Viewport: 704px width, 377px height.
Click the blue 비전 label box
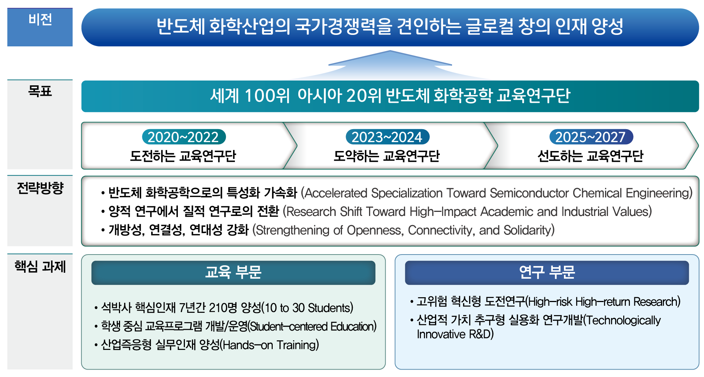pyautogui.click(x=40, y=27)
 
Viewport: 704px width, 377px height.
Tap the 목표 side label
pyautogui.click(x=40, y=91)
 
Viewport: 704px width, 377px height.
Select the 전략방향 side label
pyautogui.click(x=40, y=188)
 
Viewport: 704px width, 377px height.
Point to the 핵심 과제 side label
pyautogui.click(x=40, y=266)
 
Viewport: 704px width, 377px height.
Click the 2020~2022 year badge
pyautogui.click(x=184, y=137)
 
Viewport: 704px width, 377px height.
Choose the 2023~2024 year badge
pyautogui.click(x=387, y=137)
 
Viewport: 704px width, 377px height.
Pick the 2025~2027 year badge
pyautogui.click(x=591, y=137)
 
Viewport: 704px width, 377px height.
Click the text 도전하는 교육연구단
pyautogui.click(x=183, y=156)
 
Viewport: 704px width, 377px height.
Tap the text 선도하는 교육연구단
pyautogui.click(x=591, y=156)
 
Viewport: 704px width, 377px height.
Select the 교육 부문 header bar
pyautogui.click(x=233, y=273)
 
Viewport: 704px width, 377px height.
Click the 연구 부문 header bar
pyautogui.click(x=547, y=273)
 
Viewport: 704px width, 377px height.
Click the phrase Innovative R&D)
pyautogui.click(x=455, y=334)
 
